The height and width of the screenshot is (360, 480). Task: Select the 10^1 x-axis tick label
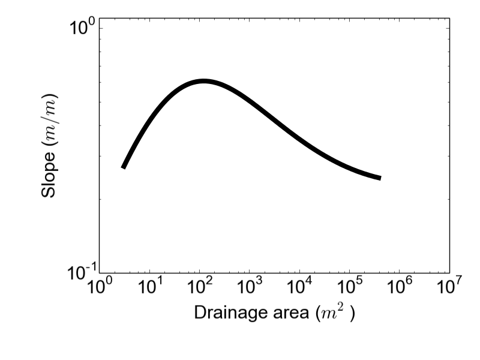(x=149, y=287)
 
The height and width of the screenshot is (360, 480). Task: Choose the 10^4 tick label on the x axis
(x=299, y=287)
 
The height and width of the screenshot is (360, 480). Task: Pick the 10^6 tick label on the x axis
(x=399, y=287)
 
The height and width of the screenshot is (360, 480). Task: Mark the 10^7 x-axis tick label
(x=449, y=287)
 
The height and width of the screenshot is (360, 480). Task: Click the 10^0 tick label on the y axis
(x=82, y=28)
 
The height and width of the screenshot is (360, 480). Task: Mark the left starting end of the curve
(x=123, y=167)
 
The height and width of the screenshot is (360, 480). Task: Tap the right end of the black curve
(x=380, y=178)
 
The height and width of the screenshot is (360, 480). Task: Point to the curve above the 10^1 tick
(x=149, y=117)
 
